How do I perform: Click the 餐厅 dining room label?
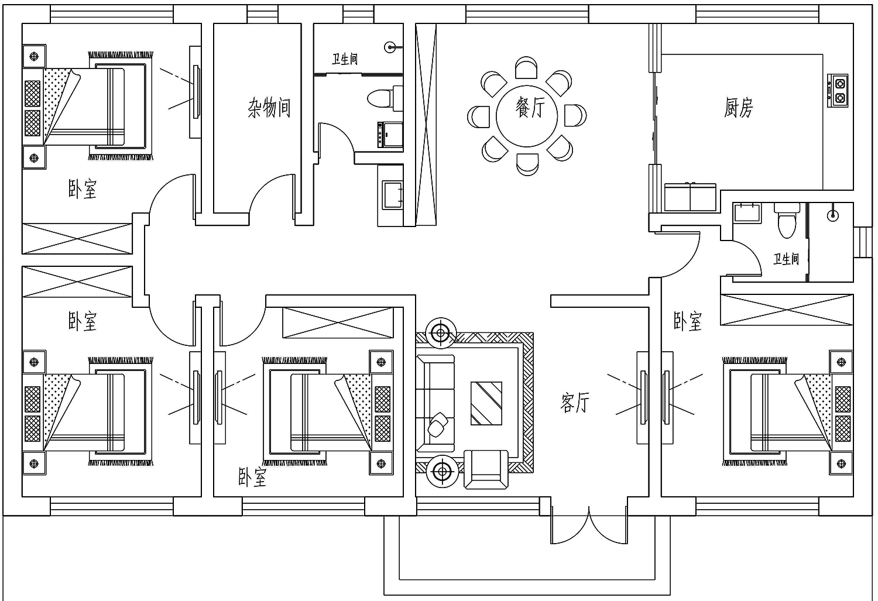pyautogui.click(x=530, y=108)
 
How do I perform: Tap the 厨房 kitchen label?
pyautogui.click(x=738, y=108)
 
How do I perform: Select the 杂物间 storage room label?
pyautogui.click(x=269, y=108)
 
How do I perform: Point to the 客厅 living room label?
pyautogui.click(x=575, y=403)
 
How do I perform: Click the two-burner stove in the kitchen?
pyautogui.click(x=838, y=91)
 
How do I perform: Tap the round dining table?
pyautogui.click(x=526, y=116)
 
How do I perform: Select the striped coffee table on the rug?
pyautogui.click(x=486, y=403)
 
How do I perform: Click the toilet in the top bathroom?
pyautogui.click(x=384, y=98)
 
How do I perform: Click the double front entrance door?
pyautogui.click(x=589, y=525)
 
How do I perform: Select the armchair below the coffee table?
pyautogui.click(x=486, y=469)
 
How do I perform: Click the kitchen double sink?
pyautogui.click(x=690, y=197)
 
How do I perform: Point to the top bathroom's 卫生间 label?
pyautogui.click(x=345, y=59)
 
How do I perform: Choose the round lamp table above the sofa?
pyautogui.click(x=441, y=333)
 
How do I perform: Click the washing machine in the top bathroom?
pyautogui.click(x=390, y=135)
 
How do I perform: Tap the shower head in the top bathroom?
pyautogui.click(x=390, y=47)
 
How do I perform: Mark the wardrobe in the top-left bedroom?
pyautogui.click(x=77, y=238)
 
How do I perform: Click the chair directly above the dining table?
pyautogui.click(x=526, y=68)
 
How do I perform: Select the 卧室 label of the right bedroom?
pyautogui.click(x=688, y=321)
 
